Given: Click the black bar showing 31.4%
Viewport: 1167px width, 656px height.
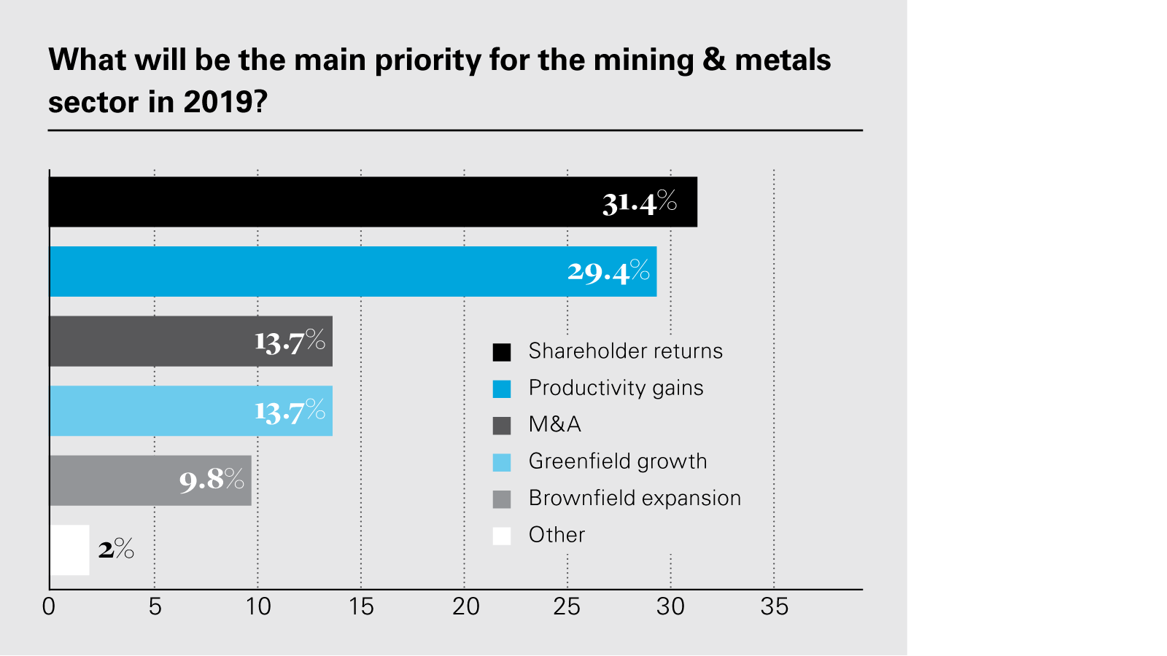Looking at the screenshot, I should [x=365, y=202].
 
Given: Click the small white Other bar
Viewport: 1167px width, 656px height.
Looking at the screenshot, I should [x=69, y=550].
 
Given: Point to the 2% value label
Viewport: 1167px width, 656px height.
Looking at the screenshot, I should [x=117, y=549].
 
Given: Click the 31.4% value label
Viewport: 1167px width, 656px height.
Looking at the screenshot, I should [x=640, y=202].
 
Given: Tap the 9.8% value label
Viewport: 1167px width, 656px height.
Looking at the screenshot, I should [x=212, y=480].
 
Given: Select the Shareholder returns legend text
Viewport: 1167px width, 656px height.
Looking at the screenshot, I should [x=625, y=351].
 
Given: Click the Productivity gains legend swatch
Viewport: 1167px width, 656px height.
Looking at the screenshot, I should [x=502, y=388].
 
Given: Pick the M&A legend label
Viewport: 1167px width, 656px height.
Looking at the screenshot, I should [x=554, y=424].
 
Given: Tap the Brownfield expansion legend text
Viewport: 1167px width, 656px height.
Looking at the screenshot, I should [x=635, y=498].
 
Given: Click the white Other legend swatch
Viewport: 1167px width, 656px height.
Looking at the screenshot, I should [x=502, y=536].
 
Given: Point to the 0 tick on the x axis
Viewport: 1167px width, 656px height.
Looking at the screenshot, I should [x=49, y=606].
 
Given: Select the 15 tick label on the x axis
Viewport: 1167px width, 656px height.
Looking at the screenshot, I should [x=361, y=606].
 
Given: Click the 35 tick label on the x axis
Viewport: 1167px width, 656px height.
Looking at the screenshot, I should [x=774, y=606].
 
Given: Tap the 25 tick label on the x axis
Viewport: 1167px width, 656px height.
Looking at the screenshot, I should [x=567, y=606].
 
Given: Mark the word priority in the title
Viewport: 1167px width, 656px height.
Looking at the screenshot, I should [x=427, y=60].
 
